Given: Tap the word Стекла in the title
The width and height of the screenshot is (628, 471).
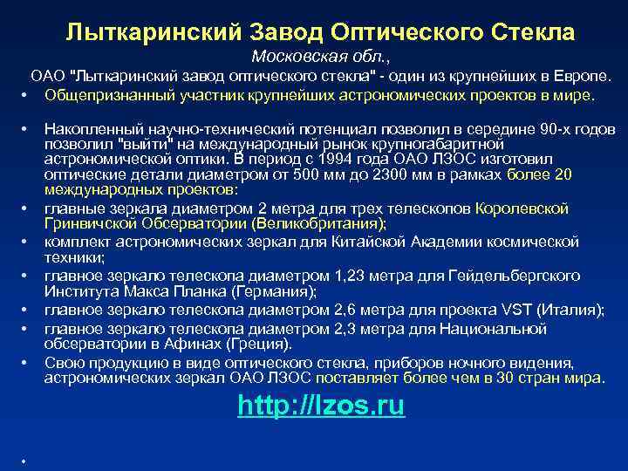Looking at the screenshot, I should tap(528, 33).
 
